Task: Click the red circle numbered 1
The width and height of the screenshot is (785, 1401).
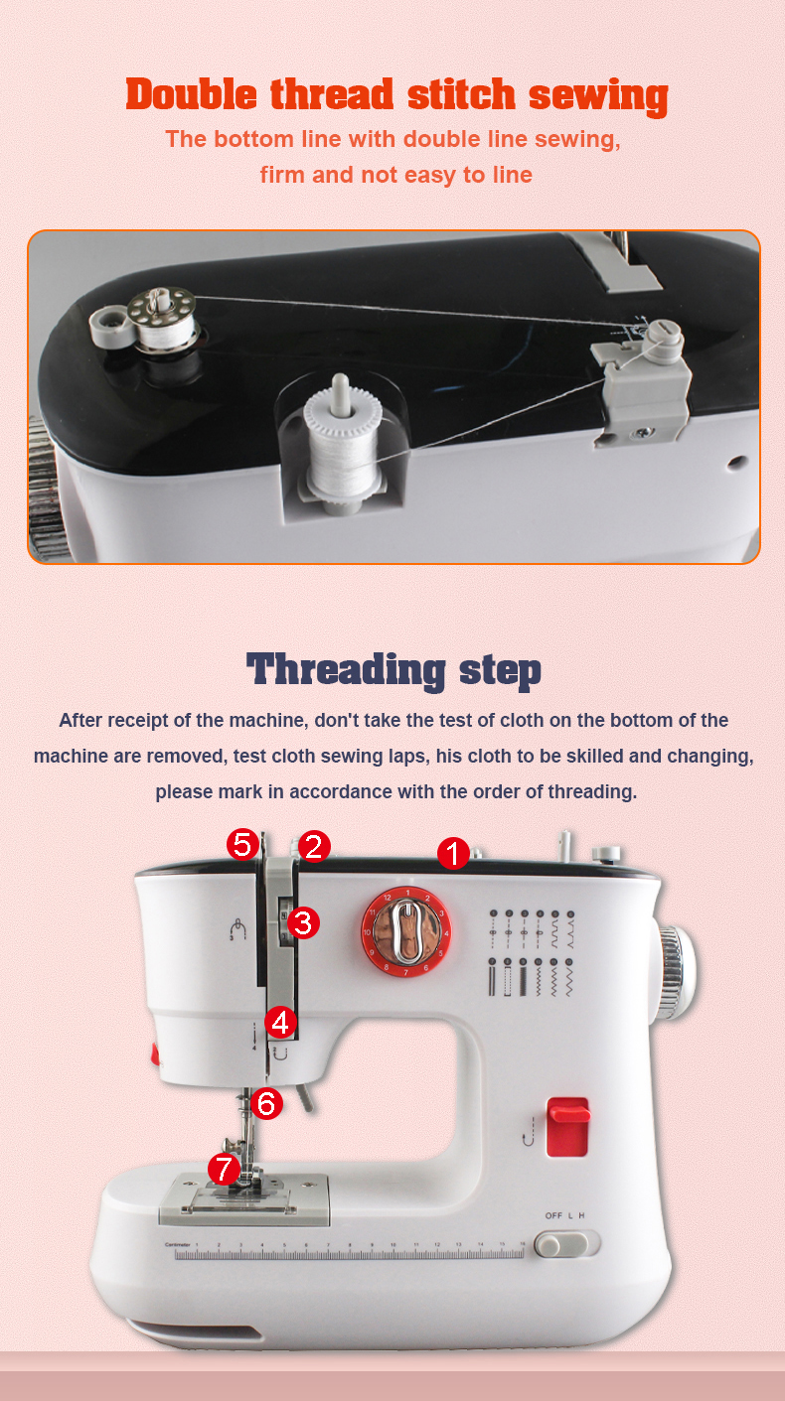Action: tap(453, 853)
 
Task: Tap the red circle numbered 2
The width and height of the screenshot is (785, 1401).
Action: tap(314, 846)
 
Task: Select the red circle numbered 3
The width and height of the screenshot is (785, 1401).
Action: tap(303, 922)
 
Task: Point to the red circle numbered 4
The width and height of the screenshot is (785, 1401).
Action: tap(281, 1022)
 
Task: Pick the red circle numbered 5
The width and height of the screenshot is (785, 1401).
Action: tap(242, 845)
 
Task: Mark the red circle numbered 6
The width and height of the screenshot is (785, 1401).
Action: tap(266, 1102)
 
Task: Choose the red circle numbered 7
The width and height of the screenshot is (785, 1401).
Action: tap(224, 1170)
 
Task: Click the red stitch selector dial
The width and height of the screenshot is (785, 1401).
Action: tap(405, 931)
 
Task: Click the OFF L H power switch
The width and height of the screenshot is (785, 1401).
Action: tap(567, 1243)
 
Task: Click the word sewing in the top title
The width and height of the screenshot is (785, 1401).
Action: tap(597, 95)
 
